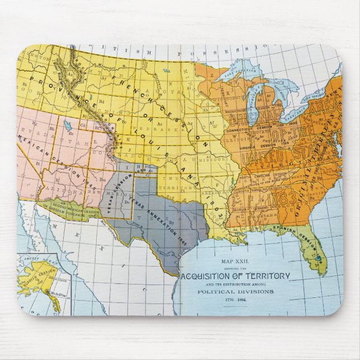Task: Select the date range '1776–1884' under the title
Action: pos(235,300)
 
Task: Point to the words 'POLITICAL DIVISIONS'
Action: pos(235,291)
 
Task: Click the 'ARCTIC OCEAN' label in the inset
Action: pos(34,259)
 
